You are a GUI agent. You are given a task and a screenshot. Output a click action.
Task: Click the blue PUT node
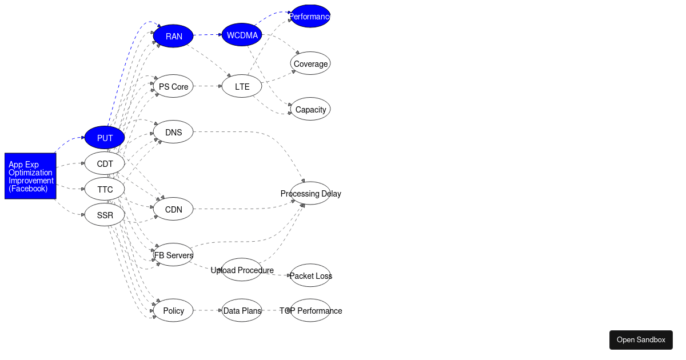(105, 138)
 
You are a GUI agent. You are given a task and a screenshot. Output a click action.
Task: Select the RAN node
(173, 36)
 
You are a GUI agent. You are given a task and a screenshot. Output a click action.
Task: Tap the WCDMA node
(242, 35)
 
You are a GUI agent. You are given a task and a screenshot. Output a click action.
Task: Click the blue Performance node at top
(310, 16)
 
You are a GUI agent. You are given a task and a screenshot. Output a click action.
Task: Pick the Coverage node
(310, 63)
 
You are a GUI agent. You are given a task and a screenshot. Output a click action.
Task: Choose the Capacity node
(310, 109)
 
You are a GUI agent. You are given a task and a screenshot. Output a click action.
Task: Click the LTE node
(242, 87)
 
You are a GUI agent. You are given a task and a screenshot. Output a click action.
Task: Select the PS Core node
(173, 87)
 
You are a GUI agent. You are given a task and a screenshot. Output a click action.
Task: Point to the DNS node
(173, 132)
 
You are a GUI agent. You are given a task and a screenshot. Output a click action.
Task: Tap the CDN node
(173, 209)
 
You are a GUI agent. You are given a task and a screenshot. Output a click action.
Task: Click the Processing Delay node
(310, 193)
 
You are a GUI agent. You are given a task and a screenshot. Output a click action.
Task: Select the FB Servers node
(173, 255)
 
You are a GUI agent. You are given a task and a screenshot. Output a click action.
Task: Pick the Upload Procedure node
(242, 270)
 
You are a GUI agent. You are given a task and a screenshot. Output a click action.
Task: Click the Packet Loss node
(310, 275)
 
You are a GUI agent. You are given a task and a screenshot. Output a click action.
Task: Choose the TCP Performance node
(310, 310)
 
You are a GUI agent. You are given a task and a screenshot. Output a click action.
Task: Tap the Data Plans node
(242, 310)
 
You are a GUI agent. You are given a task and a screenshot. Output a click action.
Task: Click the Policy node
(173, 310)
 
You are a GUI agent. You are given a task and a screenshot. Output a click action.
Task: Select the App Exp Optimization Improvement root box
(30, 176)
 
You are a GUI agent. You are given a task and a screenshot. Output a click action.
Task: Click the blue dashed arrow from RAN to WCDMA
(207, 35)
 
